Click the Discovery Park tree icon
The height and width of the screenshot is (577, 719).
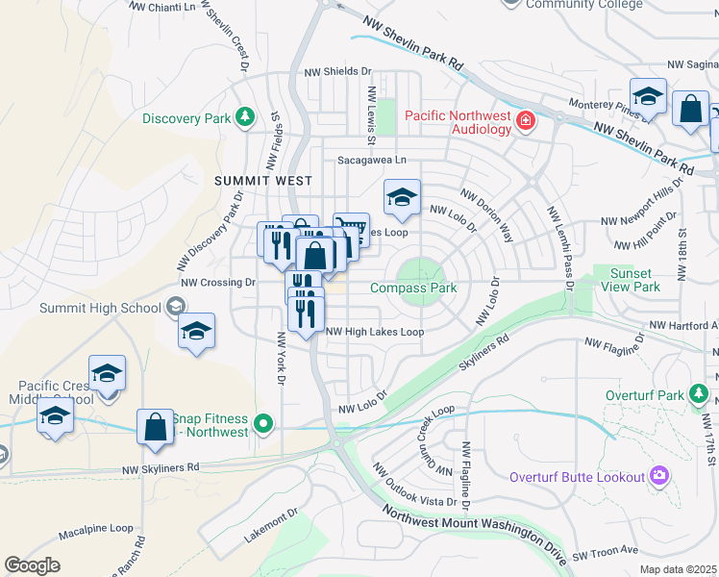tap(246, 117)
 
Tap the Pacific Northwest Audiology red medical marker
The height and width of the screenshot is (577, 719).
tap(525, 121)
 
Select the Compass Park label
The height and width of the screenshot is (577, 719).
tap(412, 288)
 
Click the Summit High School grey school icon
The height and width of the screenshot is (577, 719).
tap(175, 307)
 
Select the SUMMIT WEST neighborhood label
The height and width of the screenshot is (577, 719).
tap(262, 181)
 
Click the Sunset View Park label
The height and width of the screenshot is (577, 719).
tap(631, 280)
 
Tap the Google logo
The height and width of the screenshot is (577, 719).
tap(32, 564)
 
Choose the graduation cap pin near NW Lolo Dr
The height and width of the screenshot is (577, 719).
tap(402, 198)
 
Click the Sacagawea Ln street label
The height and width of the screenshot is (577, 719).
tap(371, 161)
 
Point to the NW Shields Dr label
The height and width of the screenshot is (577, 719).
tap(337, 71)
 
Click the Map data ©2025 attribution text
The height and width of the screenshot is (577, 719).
tap(678, 569)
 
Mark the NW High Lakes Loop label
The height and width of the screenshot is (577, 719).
tap(374, 332)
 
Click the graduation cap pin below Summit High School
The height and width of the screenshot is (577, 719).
tap(197, 332)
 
